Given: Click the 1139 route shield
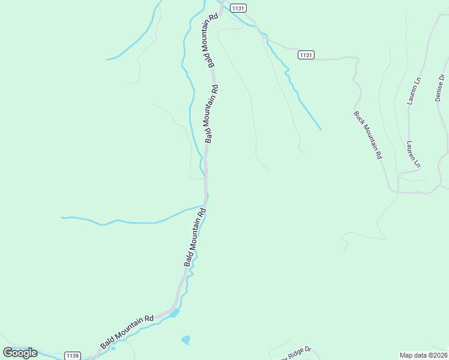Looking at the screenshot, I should point(73,355).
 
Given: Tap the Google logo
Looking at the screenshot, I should point(20,353).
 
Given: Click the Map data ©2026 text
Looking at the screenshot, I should point(423,355).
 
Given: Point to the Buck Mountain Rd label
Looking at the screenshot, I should point(367,134).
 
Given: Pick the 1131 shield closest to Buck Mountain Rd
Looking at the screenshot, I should point(306,55).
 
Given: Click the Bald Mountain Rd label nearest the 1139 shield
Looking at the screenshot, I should point(127,332).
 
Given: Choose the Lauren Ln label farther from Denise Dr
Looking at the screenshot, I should point(413,154).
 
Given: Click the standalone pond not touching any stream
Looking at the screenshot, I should point(185,340).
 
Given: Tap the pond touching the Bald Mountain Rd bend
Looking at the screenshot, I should point(175,313).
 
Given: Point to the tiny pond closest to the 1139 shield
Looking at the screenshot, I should point(113,348).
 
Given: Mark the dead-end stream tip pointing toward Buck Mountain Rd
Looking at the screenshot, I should point(321,129).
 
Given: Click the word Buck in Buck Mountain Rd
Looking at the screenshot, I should point(358,118).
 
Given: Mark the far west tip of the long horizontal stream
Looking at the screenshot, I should point(61,217).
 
